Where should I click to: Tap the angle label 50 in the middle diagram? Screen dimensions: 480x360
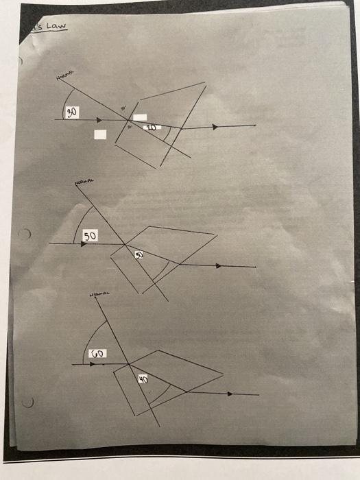(x=91, y=236)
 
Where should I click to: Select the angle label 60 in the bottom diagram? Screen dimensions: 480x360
(x=97, y=354)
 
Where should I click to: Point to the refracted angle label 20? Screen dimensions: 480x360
(x=151, y=128)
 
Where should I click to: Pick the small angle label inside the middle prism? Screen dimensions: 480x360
(x=139, y=254)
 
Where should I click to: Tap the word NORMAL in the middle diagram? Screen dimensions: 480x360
(x=84, y=183)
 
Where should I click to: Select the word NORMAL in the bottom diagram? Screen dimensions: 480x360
(x=99, y=295)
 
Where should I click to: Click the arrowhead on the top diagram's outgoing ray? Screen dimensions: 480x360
(x=215, y=127)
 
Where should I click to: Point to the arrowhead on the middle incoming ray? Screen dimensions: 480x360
(x=84, y=243)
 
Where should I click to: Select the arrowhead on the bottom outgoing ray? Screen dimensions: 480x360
(x=230, y=394)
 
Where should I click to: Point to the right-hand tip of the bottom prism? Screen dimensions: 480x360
(x=223, y=374)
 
